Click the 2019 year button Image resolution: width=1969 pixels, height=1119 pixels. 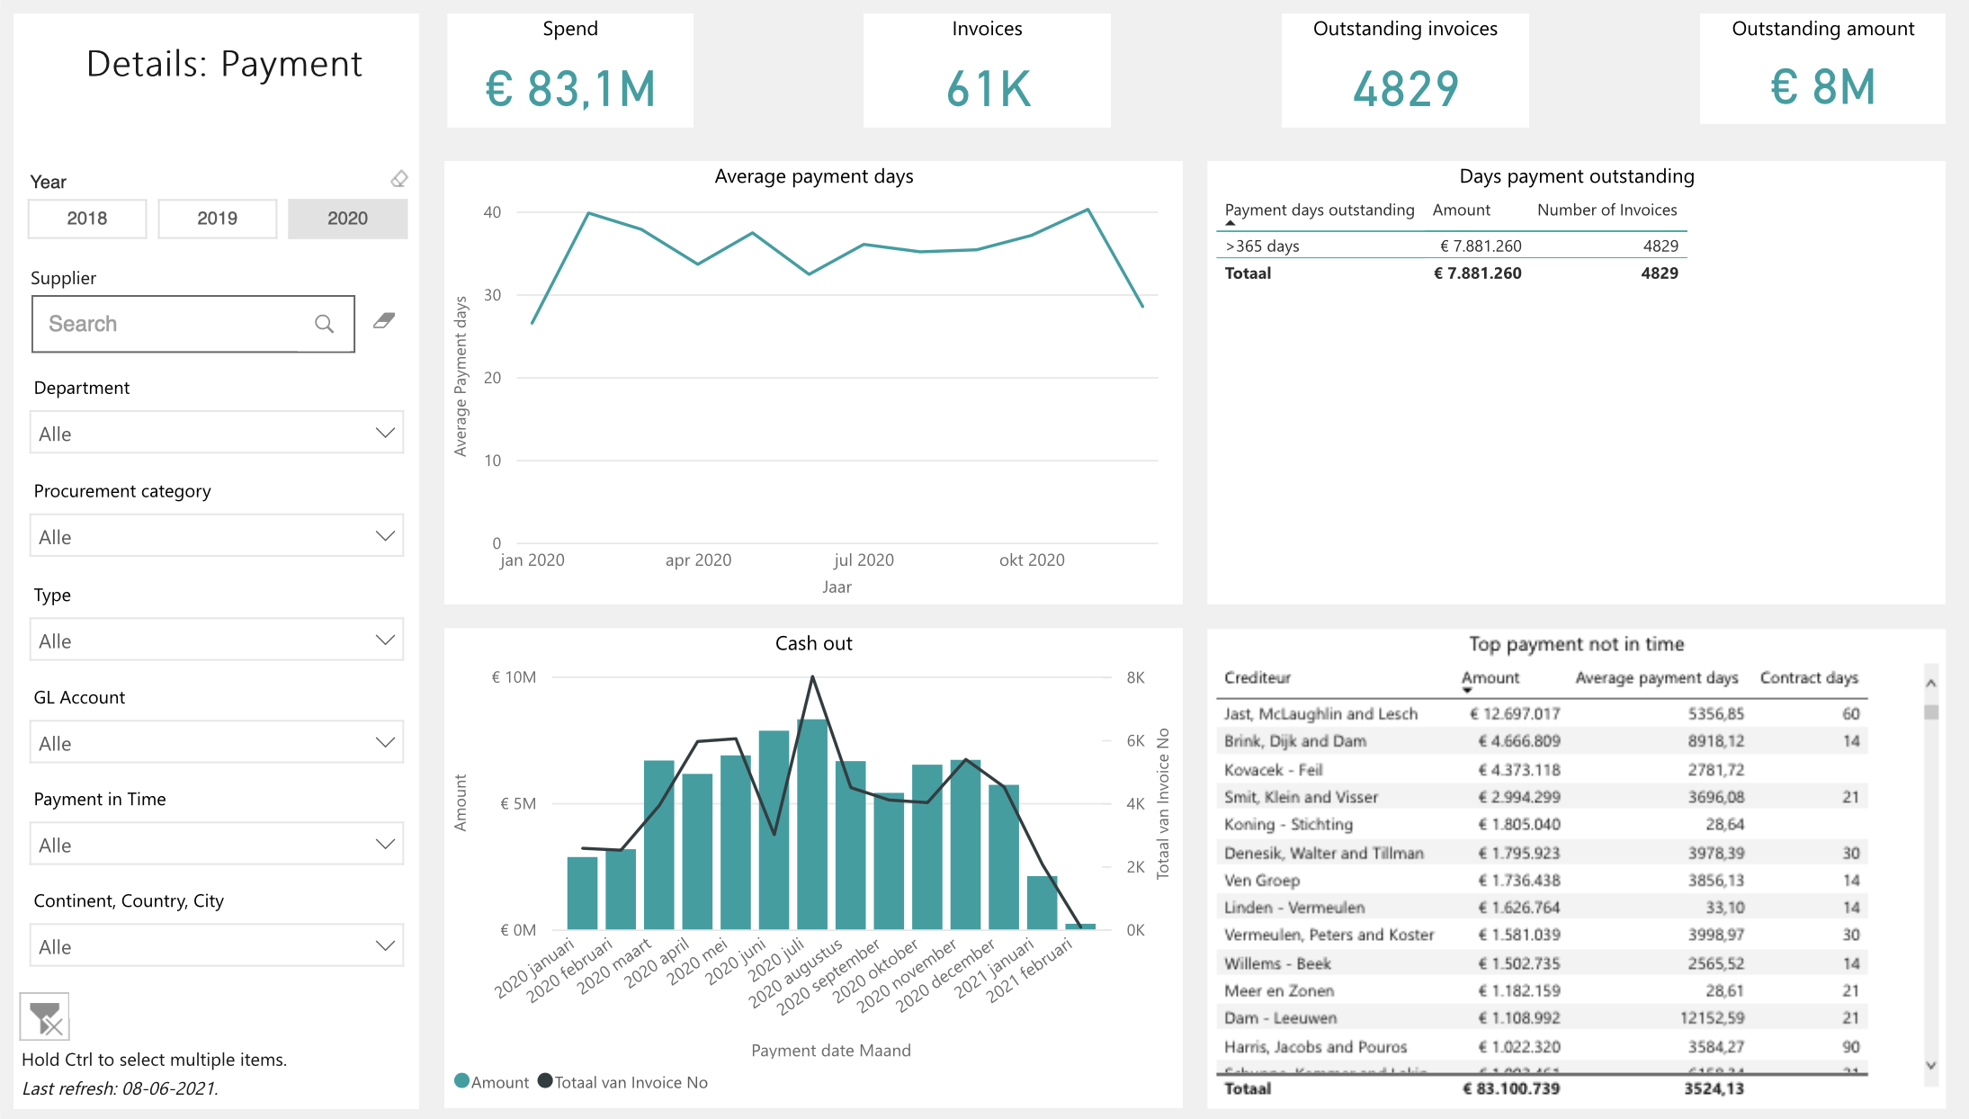[217, 219]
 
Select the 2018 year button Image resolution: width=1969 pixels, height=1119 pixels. [87, 219]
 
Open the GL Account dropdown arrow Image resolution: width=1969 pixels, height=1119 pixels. [385, 743]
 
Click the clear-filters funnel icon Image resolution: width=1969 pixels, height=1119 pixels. [44, 1016]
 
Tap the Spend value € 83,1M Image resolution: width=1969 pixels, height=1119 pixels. [570, 89]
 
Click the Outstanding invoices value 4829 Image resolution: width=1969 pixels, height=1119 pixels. [1405, 89]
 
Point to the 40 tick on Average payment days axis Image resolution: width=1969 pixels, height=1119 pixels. [492, 212]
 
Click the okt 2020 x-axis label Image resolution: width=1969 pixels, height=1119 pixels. [1032, 560]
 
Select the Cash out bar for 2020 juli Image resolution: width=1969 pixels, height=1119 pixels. [812, 823]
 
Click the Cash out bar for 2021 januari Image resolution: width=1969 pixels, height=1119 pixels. [1042, 902]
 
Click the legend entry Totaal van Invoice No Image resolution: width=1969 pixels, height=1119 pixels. [630, 1082]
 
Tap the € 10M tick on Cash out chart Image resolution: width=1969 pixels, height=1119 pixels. [514, 677]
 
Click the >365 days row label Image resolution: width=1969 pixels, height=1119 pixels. [1262, 246]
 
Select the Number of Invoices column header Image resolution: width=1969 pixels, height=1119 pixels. [1607, 210]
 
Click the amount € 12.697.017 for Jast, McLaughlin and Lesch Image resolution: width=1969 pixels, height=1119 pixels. [1515, 713]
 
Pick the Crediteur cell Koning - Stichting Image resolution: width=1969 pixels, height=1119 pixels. [1288, 824]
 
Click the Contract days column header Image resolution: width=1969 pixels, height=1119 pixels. [1808, 677]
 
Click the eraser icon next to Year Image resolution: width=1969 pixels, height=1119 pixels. [399, 179]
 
